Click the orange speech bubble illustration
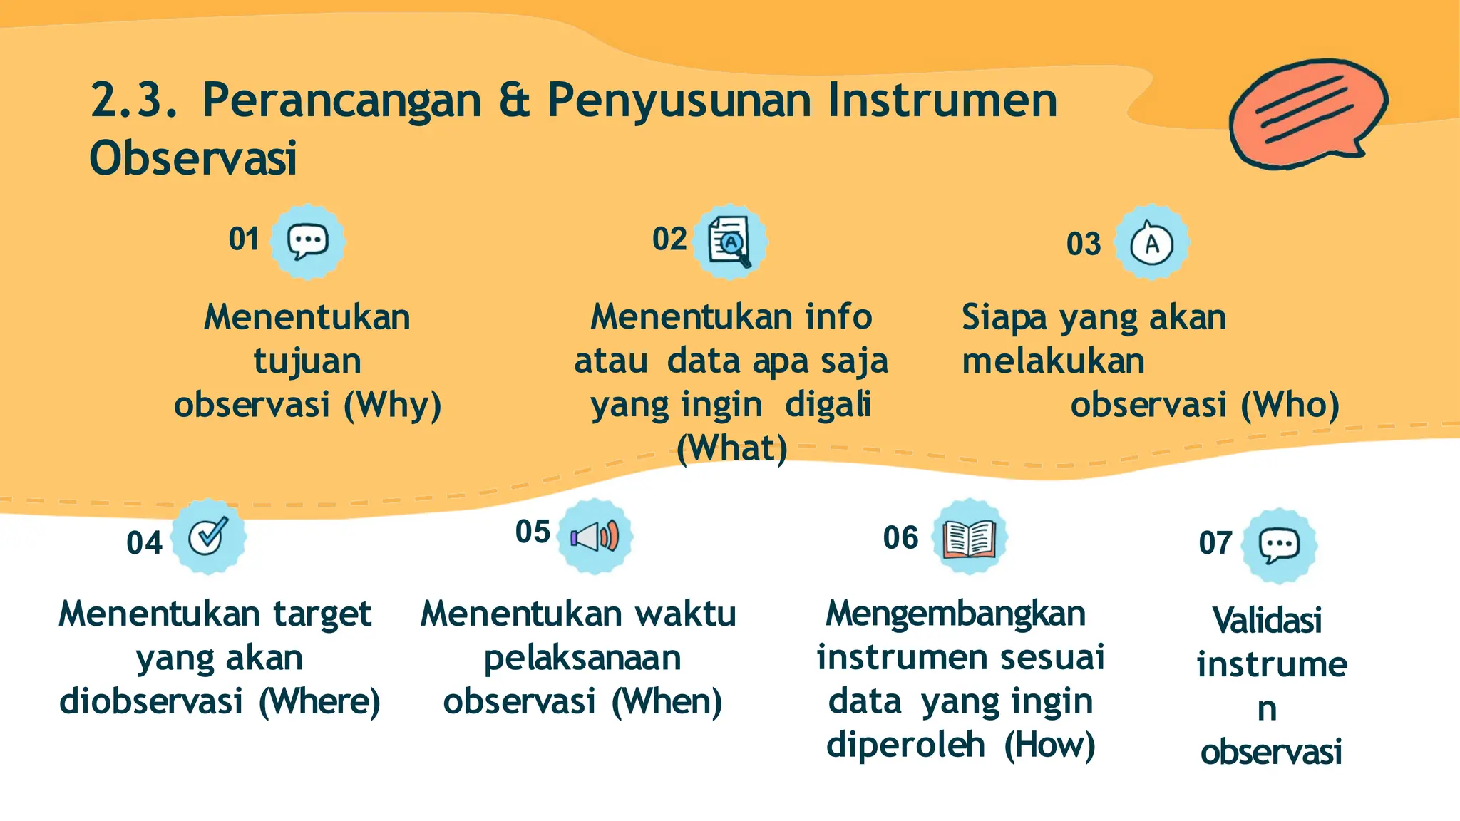[x=1307, y=113]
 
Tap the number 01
[x=244, y=239]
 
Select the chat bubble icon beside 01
[x=308, y=242]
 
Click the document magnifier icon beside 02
[x=730, y=242]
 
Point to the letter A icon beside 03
[x=1151, y=243]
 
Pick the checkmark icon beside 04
[x=209, y=536]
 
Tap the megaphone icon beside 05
[x=595, y=536]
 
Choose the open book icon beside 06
[x=969, y=537]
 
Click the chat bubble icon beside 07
[x=1279, y=545]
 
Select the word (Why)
[x=393, y=406]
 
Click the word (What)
[x=732, y=449]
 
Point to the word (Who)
[x=1290, y=406]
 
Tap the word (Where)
[x=319, y=702]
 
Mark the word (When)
[x=667, y=702]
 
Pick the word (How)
[x=1049, y=745]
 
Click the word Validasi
[x=1267, y=620]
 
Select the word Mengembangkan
[x=955, y=614]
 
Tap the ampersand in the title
[x=514, y=100]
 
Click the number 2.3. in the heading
[x=134, y=100]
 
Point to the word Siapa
[x=1004, y=318]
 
